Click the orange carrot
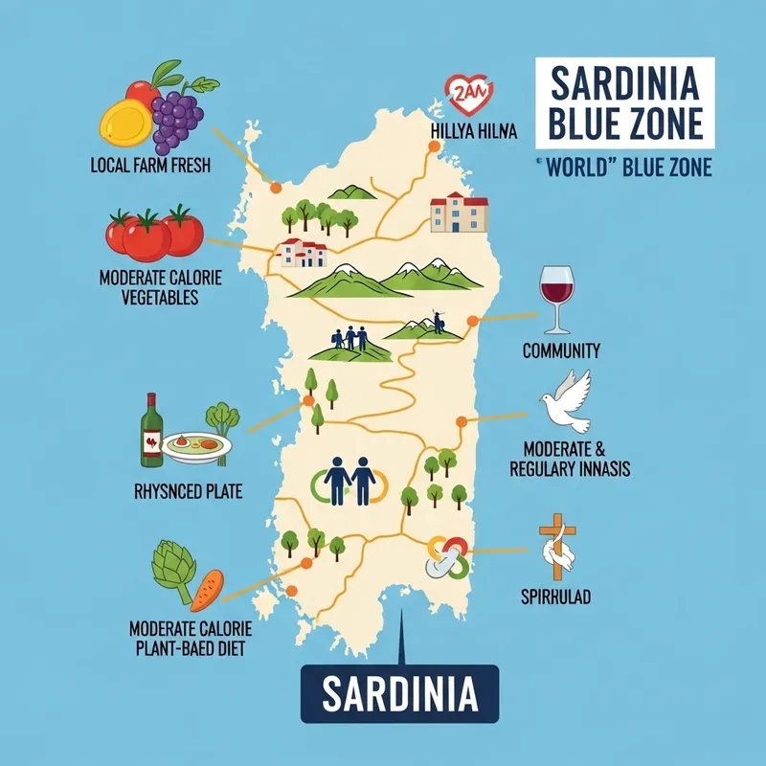click(x=208, y=590)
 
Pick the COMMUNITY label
click(x=561, y=351)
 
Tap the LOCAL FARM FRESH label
click(x=149, y=166)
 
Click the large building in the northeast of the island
click(x=459, y=214)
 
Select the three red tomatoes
click(x=153, y=234)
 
